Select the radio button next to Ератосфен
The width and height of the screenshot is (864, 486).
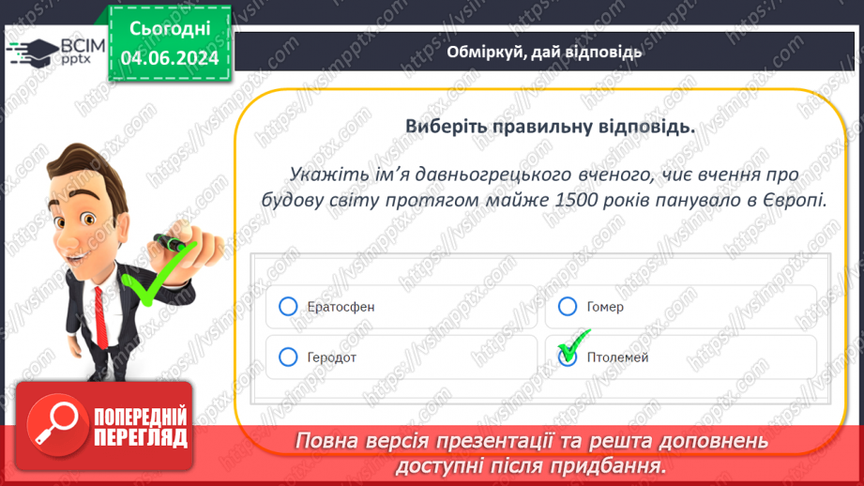click(x=288, y=307)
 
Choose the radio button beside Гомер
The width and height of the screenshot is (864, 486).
click(x=567, y=307)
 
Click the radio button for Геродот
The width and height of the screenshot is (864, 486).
click(x=288, y=357)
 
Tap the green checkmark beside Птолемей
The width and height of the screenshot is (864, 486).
click(x=573, y=344)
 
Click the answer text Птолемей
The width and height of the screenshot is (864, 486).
click(x=617, y=357)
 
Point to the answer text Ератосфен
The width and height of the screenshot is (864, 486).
click(x=341, y=307)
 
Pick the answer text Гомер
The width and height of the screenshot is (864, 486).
click(x=605, y=307)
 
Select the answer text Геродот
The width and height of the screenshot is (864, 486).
click(x=332, y=357)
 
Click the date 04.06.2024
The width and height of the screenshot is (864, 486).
click(x=170, y=58)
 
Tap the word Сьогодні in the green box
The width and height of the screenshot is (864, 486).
click(x=170, y=29)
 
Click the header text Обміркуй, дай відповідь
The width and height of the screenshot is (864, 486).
click(x=544, y=52)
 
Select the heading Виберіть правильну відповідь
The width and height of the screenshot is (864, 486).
click(x=550, y=127)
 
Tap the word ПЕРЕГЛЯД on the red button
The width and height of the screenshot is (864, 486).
click(x=141, y=438)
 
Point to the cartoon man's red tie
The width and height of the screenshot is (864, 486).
click(x=100, y=317)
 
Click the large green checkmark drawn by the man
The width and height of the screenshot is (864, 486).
click(x=156, y=273)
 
